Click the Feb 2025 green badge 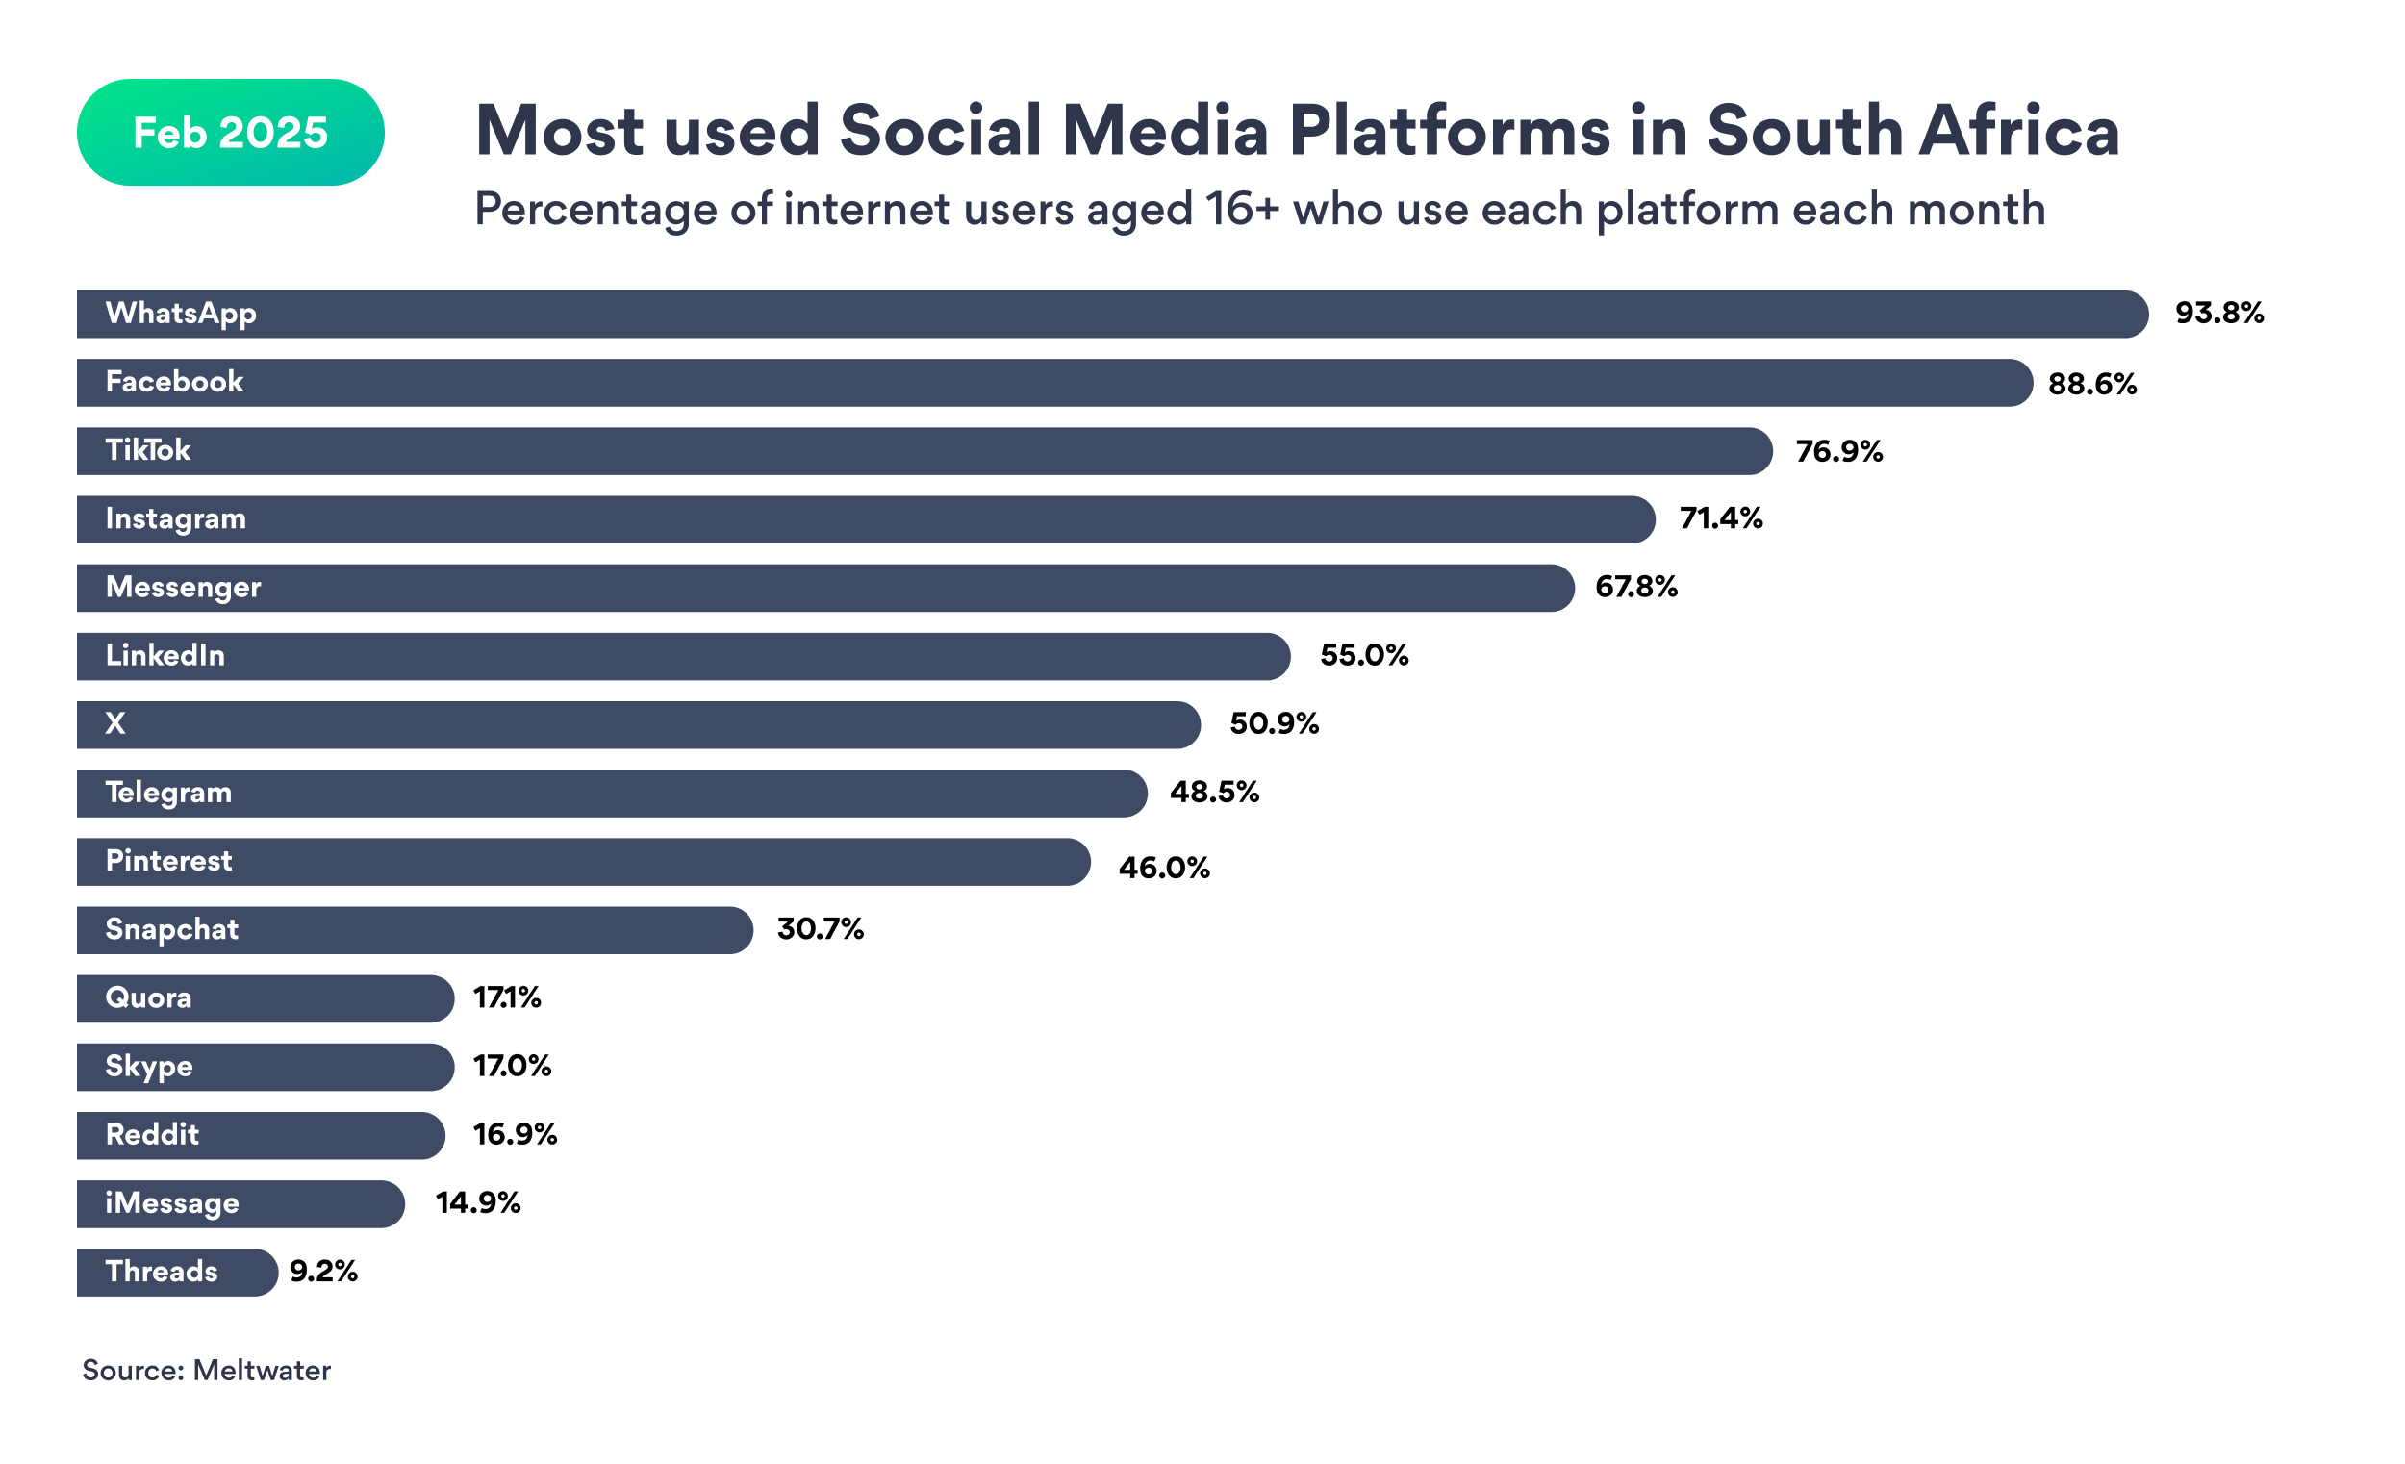(230, 133)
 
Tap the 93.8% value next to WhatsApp (2218, 314)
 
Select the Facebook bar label (174, 382)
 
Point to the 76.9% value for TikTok (1839, 451)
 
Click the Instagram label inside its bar (176, 518)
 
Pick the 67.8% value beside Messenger (1635, 587)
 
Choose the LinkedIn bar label (165, 655)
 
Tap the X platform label (115, 723)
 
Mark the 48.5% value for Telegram (1214, 792)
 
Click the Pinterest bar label (169, 861)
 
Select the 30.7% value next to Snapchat (820, 928)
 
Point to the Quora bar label (148, 997)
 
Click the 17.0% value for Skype (513, 1066)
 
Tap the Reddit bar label (152, 1134)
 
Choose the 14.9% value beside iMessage (477, 1202)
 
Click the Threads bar (176, 1272)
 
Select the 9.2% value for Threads (323, 1272)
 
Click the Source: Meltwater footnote (207, 1371)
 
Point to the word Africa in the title (2018, 131)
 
